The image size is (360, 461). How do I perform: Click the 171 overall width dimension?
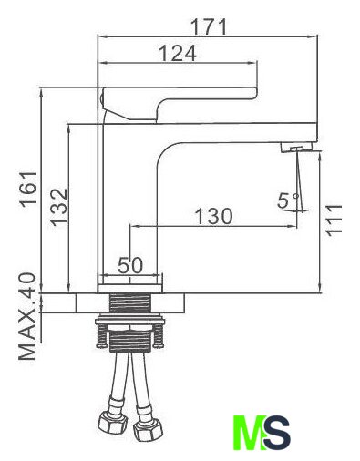click(x=209, y=26)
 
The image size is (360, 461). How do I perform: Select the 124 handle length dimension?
click(x=178, y=54)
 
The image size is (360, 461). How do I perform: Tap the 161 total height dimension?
click(x=28, y=189)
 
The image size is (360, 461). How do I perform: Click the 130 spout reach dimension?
click(x=213, y=216)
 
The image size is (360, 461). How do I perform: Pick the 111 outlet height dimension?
click(x=334, y=220)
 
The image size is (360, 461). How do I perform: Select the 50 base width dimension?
click(x=130, y=265)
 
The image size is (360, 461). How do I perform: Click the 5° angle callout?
click(x=289, y=200)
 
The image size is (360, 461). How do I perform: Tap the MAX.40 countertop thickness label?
click(x=27, y=316)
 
